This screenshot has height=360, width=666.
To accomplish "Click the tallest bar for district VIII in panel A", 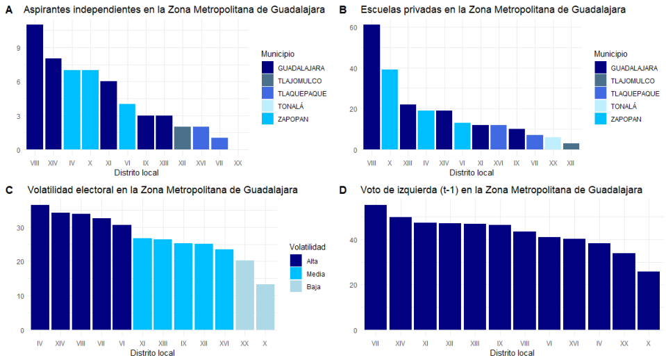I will click(x=35, y=87).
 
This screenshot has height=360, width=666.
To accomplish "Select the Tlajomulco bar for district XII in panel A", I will click(x=182, y=138).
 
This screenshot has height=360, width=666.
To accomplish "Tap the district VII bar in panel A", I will click(x=219, y=144).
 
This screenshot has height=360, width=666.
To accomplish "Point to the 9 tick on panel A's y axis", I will click(x=20, y=48).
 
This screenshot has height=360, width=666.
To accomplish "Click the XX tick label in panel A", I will click(x=238, y=162).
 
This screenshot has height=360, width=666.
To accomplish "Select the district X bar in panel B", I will click(x=390, y=109).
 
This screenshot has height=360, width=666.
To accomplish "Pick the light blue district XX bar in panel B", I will click(x=552, y=143).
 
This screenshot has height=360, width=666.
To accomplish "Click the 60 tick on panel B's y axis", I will click(x=353, y=28).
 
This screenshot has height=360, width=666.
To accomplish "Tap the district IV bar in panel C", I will click(x=40, y=268).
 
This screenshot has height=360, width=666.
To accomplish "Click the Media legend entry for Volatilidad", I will click(x=306, y=274).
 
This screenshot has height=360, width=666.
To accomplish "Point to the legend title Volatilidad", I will click(x=308, y=247).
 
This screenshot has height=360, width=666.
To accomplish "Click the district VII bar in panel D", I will click(x=375, y=268).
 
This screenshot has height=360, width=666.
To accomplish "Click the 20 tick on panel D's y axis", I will click(x=353, y=285).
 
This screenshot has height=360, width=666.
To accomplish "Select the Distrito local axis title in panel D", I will click(x=512, y=353).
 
